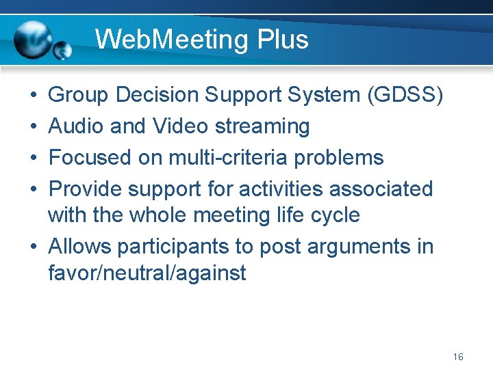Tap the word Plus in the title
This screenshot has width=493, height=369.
coord(283,39)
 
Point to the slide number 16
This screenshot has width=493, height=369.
coord(458,357)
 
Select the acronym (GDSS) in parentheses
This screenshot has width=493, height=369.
coord(405,95)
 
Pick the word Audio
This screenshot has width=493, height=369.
coord(75,126)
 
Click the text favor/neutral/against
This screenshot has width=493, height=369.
coord(147,273)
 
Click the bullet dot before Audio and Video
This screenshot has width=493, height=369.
coord(34,127)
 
